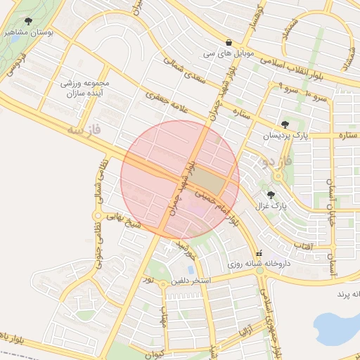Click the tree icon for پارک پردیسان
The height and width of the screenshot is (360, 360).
tap(284, 124)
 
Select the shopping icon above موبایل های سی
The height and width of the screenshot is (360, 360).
tap(229, 42)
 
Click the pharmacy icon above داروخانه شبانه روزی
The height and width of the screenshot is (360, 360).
tap(259, 253)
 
